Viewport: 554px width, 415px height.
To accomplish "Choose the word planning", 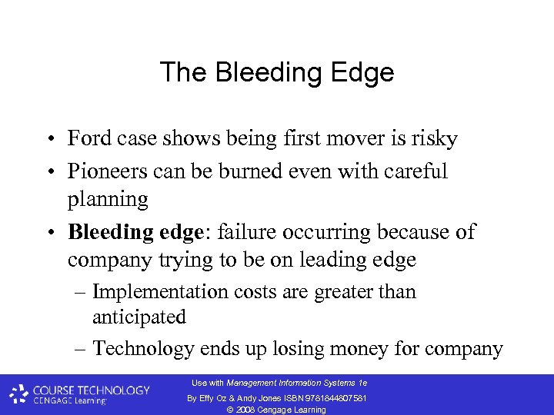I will pos(108,199).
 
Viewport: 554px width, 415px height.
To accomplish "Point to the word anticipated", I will pos(139,317).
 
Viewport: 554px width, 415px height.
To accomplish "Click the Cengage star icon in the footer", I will pos(19,394).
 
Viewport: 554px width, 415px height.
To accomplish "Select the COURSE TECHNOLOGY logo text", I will pos(90,390).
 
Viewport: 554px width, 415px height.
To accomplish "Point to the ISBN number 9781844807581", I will pos(332,397).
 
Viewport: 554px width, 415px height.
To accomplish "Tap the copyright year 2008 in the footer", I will pos(247,410).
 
